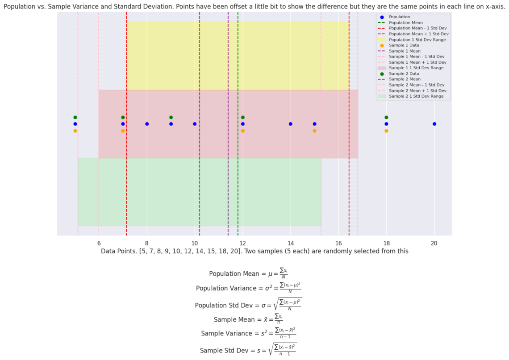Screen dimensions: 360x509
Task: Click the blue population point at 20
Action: tap(434, 124)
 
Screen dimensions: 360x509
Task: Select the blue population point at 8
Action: tap(147, 124)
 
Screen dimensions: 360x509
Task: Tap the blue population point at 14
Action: tap(291, 124)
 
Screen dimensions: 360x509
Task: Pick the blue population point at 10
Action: tap(195, 124)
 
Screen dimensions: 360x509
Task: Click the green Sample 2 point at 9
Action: tap(171, 117)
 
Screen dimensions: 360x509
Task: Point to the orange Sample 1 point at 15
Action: tap(314, 131)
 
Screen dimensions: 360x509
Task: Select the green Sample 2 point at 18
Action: tap(386, 117)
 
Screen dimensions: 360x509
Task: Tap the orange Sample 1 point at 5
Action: tap(75, 131)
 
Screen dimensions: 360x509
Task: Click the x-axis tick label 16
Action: tap(338, 243)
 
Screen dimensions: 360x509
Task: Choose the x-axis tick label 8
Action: tap(147, 243)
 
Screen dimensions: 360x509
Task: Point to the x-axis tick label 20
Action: tap(434, 243)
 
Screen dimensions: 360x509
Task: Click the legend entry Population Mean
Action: tap(406, 23)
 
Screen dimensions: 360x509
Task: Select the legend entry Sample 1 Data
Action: tap(404, 46)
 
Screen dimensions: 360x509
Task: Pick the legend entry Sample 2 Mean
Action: tap(405, 79)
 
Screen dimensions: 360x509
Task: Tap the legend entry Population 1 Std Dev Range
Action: tap(417, 40)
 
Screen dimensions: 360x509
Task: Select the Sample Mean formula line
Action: tap(248, 319)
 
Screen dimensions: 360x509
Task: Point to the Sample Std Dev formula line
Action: tap(248, 350)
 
